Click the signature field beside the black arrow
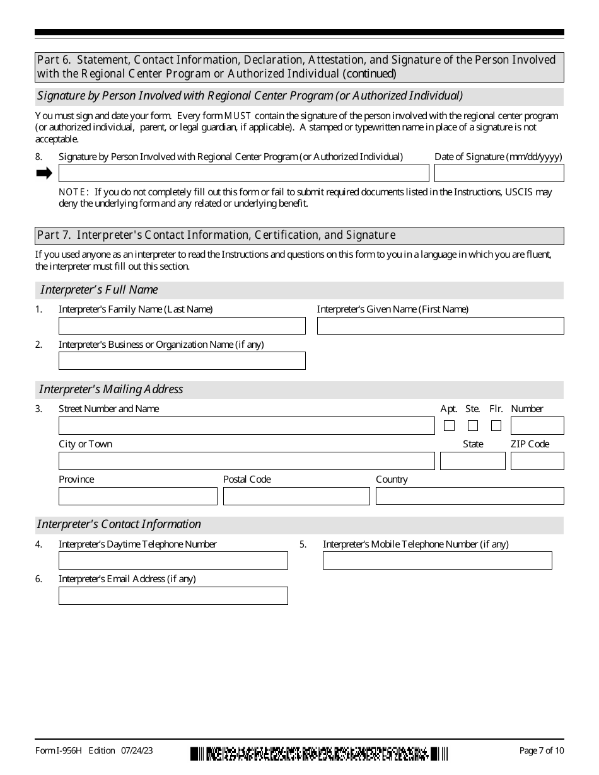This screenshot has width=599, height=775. tap(243, 173)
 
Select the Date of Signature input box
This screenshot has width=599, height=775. tap(499, 173)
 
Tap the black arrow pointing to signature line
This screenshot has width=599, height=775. tap(44, 173)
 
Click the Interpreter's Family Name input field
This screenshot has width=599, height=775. tap(182, 326)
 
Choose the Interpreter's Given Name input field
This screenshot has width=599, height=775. tap(440, 326)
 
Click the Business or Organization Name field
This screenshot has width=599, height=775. tap(182, 361)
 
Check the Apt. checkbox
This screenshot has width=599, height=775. tap(449, 426)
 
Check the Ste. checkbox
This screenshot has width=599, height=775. tap(473, 426)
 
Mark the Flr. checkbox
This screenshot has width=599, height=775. tap(496, 426)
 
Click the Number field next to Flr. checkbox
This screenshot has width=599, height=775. tap(537, 426)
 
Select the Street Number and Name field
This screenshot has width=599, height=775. tap(247, 426)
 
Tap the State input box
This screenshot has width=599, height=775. tap(472, 461)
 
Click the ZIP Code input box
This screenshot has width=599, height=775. tap(537, 461)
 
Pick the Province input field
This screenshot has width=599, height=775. tap(137, 497)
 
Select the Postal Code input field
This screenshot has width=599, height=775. tap(296, 497)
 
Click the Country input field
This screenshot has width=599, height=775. tap(470, 497)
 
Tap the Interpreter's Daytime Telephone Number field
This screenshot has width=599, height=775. tap(173, 561)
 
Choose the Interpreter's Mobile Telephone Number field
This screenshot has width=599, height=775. tap(437, 561)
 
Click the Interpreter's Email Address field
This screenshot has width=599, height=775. tap(173, 596)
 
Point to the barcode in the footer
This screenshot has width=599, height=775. tap(319, 753)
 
